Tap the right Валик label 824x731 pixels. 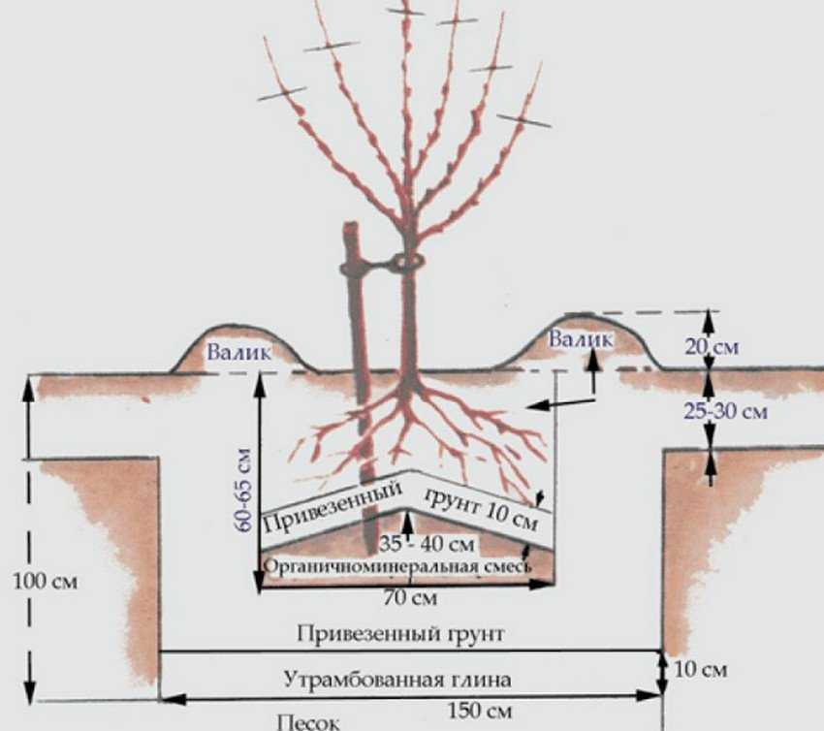point(580,339)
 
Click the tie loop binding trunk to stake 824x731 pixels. point(408,262)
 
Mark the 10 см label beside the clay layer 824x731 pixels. point(698,669)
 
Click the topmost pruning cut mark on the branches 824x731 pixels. point(405,10)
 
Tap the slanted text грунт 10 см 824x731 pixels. point(480,504)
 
